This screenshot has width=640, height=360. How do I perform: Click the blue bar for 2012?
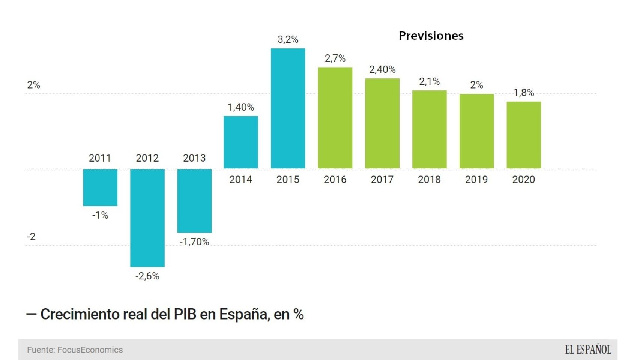pos(147,217)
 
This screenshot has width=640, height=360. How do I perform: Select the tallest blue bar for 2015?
pos(288,108)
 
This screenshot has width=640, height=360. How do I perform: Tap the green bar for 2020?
pos(523,135)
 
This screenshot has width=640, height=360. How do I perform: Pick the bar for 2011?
pos(100,187)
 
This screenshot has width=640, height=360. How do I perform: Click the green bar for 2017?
pos(382,123)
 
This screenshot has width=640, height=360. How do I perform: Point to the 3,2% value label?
pos(288,40)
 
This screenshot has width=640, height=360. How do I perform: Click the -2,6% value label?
pos(147,276)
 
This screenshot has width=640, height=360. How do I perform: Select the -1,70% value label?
pos(194,242)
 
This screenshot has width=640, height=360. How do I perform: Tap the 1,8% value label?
pos(523,93)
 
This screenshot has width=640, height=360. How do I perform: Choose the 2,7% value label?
pos(335,58)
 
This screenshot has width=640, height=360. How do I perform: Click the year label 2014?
pos(241,180)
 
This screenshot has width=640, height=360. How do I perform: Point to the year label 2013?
pos(194,158)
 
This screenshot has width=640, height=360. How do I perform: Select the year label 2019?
pos(476,180)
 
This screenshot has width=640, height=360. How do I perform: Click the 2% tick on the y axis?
pos(33,85)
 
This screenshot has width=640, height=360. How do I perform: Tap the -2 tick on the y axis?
pos(31,237)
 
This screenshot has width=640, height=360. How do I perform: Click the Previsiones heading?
pos(431,36)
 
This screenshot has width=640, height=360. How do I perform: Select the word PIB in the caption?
pos(185,314)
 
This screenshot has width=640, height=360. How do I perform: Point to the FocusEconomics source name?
pos(90,350)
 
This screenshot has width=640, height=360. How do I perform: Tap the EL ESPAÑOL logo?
pos(588,350)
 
